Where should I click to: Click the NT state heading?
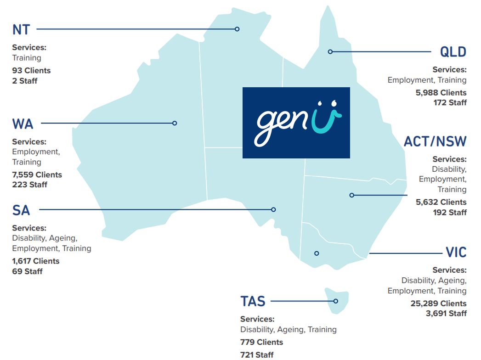pos(21,29)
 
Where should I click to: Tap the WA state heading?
pos(23,124)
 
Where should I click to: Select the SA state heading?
pos(21,210)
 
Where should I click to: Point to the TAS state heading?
pos(253,301)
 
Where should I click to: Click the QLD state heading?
pos(453,52)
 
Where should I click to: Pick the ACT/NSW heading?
pos(435,141)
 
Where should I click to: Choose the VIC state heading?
pos(456,253)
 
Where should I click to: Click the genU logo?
pos(296,123)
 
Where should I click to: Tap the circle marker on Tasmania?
pos(336,301)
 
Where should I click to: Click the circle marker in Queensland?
pos(330,51)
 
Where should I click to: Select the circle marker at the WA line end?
pos(175,123)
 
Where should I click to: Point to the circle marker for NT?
pos(237,29)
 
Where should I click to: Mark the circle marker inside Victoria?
pos(316,253)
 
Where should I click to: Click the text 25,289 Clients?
pos(438,304)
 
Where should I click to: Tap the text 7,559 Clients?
pos(37,174)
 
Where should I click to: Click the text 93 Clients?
pos(31,70)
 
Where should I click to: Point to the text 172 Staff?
pos(450,102)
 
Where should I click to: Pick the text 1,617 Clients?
pos(36,261)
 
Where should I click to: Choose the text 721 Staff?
pos(257,354)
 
